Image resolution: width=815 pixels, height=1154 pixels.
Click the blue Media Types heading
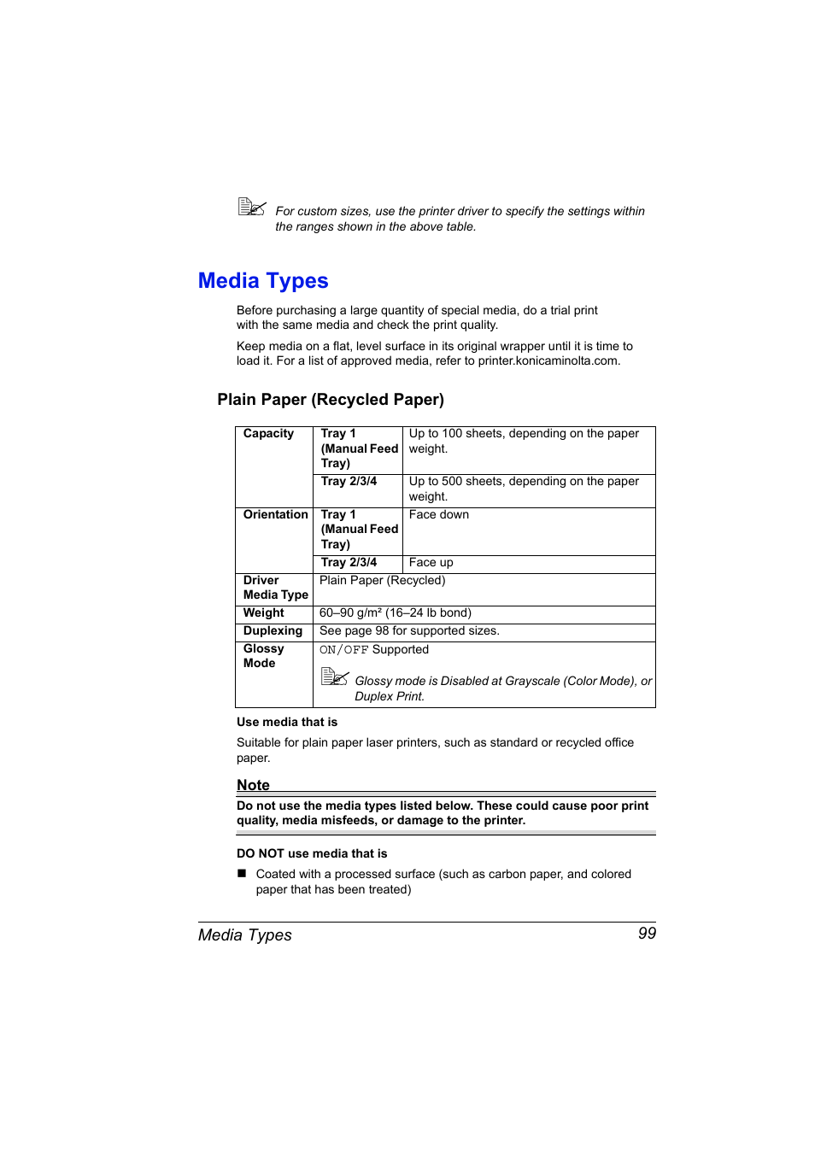click(263, 281)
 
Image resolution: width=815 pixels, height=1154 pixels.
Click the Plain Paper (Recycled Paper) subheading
click(331, 400)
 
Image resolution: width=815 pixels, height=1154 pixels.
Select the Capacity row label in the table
click(268, 434)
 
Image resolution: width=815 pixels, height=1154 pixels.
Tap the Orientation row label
click(275, 515)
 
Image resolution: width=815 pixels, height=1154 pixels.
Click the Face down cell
click(439, 515)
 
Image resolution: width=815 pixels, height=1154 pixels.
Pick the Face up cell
click(431, 563)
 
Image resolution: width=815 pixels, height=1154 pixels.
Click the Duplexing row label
click(273, 631)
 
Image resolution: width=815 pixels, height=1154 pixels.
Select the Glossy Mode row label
click(263, 656)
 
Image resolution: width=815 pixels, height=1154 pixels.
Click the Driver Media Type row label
click(275, 588)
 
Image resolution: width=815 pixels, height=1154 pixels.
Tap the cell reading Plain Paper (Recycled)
click(382, 581)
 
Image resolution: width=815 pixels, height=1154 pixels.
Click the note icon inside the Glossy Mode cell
click(335, 677)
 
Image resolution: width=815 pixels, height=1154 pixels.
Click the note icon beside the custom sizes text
click(252, 207)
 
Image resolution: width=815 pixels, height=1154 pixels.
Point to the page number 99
click(647, 934)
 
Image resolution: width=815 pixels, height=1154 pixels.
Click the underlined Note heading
click(253, 785)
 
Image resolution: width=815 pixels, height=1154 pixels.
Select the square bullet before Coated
click(242, 874)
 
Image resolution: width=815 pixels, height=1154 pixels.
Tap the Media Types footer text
click(245, 935)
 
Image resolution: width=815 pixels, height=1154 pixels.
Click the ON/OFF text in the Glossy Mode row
click(343, 650)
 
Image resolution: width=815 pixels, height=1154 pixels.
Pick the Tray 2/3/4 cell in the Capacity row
click(349, 482)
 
